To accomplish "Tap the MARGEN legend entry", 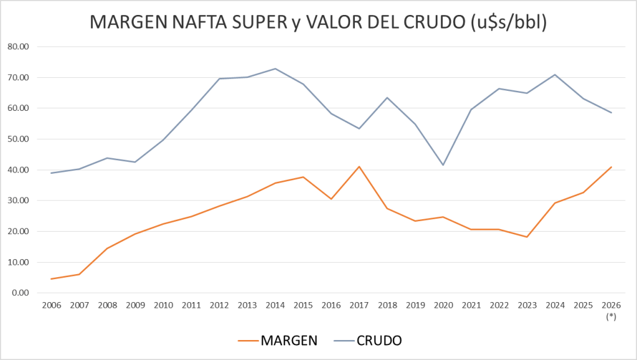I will (x=289, y=340).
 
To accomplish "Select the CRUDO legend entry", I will (x=379, y=340).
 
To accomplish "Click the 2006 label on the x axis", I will (x=51, y=306).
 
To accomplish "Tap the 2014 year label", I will (x=275, y=306).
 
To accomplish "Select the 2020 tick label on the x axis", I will (x=443, y=306).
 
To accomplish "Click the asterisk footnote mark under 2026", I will (x=611, y=317).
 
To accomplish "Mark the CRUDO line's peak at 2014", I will (x=275, y=69).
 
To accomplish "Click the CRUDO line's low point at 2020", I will (x=443, y=165).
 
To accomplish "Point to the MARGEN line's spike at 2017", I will (x=359, y=166).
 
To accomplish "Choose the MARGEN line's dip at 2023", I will (x=527, y=237).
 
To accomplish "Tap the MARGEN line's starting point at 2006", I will (x=51, y=279).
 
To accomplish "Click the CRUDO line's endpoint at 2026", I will (x=611, y=113).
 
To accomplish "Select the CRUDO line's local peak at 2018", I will (x=387, y=97).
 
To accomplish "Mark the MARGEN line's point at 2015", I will (x=303, y=177).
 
